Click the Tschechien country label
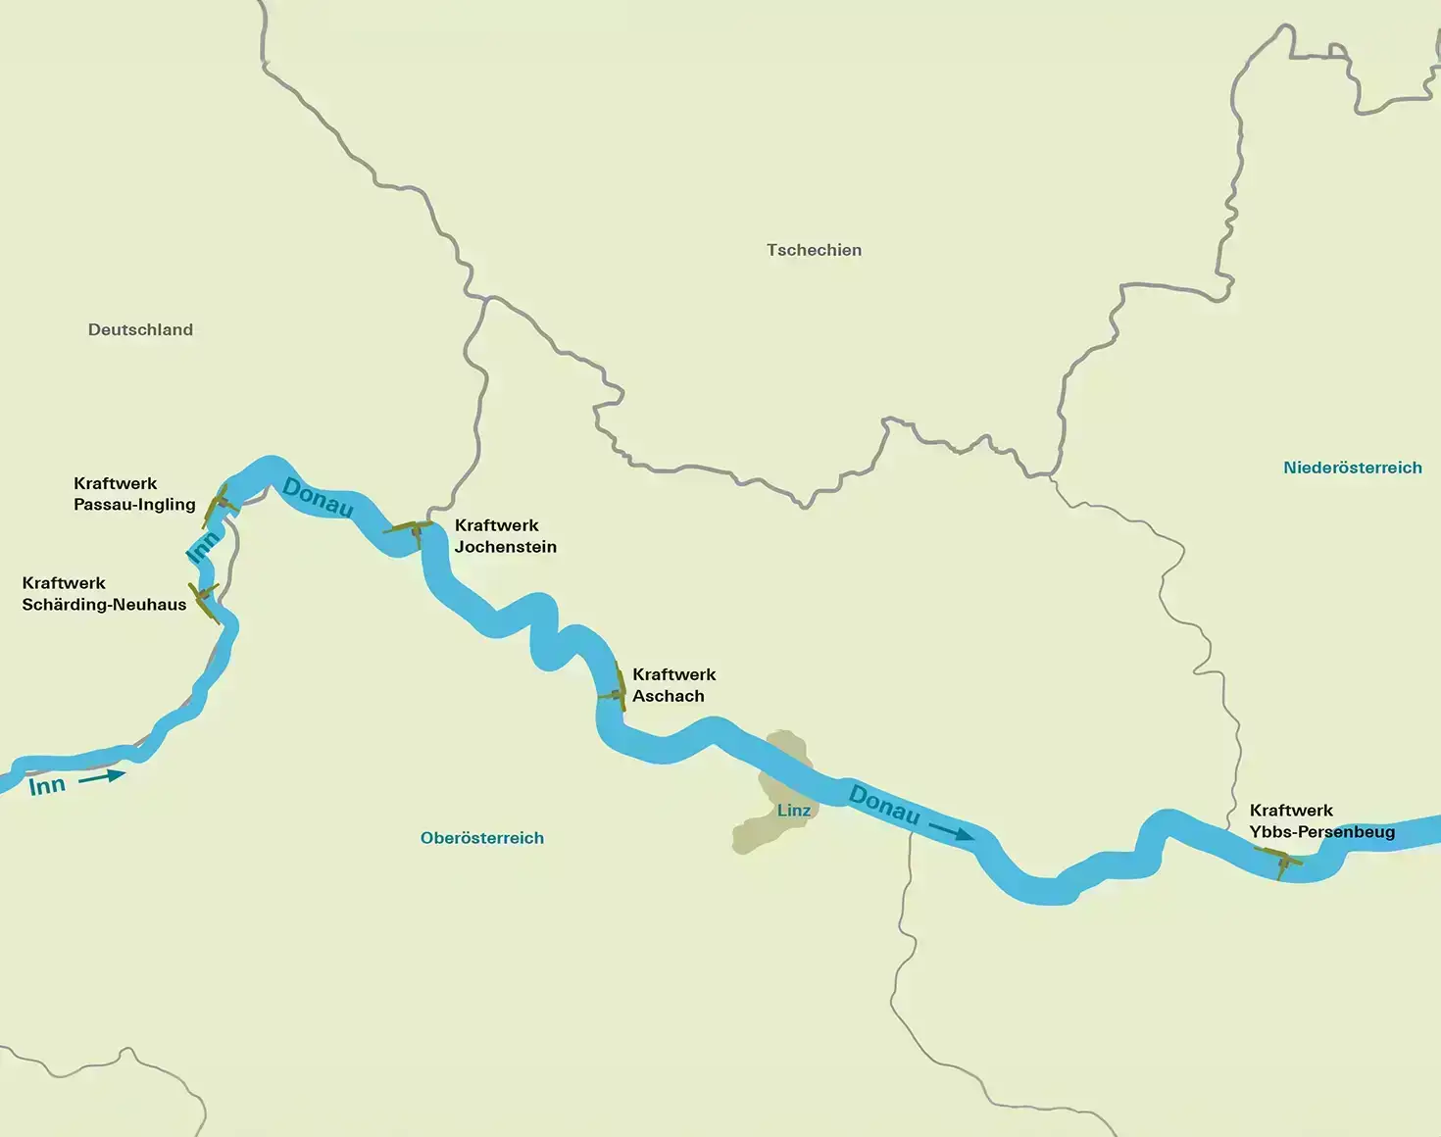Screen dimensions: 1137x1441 click(x=814, y=250)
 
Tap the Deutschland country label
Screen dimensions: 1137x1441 click(x=140, y=329)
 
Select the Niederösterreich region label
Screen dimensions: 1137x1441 click(x=1352, y=468)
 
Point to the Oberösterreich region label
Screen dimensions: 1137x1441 click(x=481, y=838)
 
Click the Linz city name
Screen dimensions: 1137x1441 click(x=794, y=811)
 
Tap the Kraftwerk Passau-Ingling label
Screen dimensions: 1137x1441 click(x=134, y=494)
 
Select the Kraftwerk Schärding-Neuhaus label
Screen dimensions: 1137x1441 click(x=104, y=594)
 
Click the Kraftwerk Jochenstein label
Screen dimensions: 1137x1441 click(x=505, y=536)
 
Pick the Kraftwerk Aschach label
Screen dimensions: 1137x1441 click(x=673, y=685)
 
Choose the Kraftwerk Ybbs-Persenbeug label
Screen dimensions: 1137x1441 click(x=1321, y=821)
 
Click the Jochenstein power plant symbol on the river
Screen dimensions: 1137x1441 click(x=412, y=530)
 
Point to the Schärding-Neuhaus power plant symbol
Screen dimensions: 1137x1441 click(x=205, y=600)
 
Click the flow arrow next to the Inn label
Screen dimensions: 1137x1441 click(x=102, y=777)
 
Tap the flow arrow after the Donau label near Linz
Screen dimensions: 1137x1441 click(x=951, y=832)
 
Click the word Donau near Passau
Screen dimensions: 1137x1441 click(x=317, y=497)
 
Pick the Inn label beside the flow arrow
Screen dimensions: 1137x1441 click(x=47, y=786)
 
